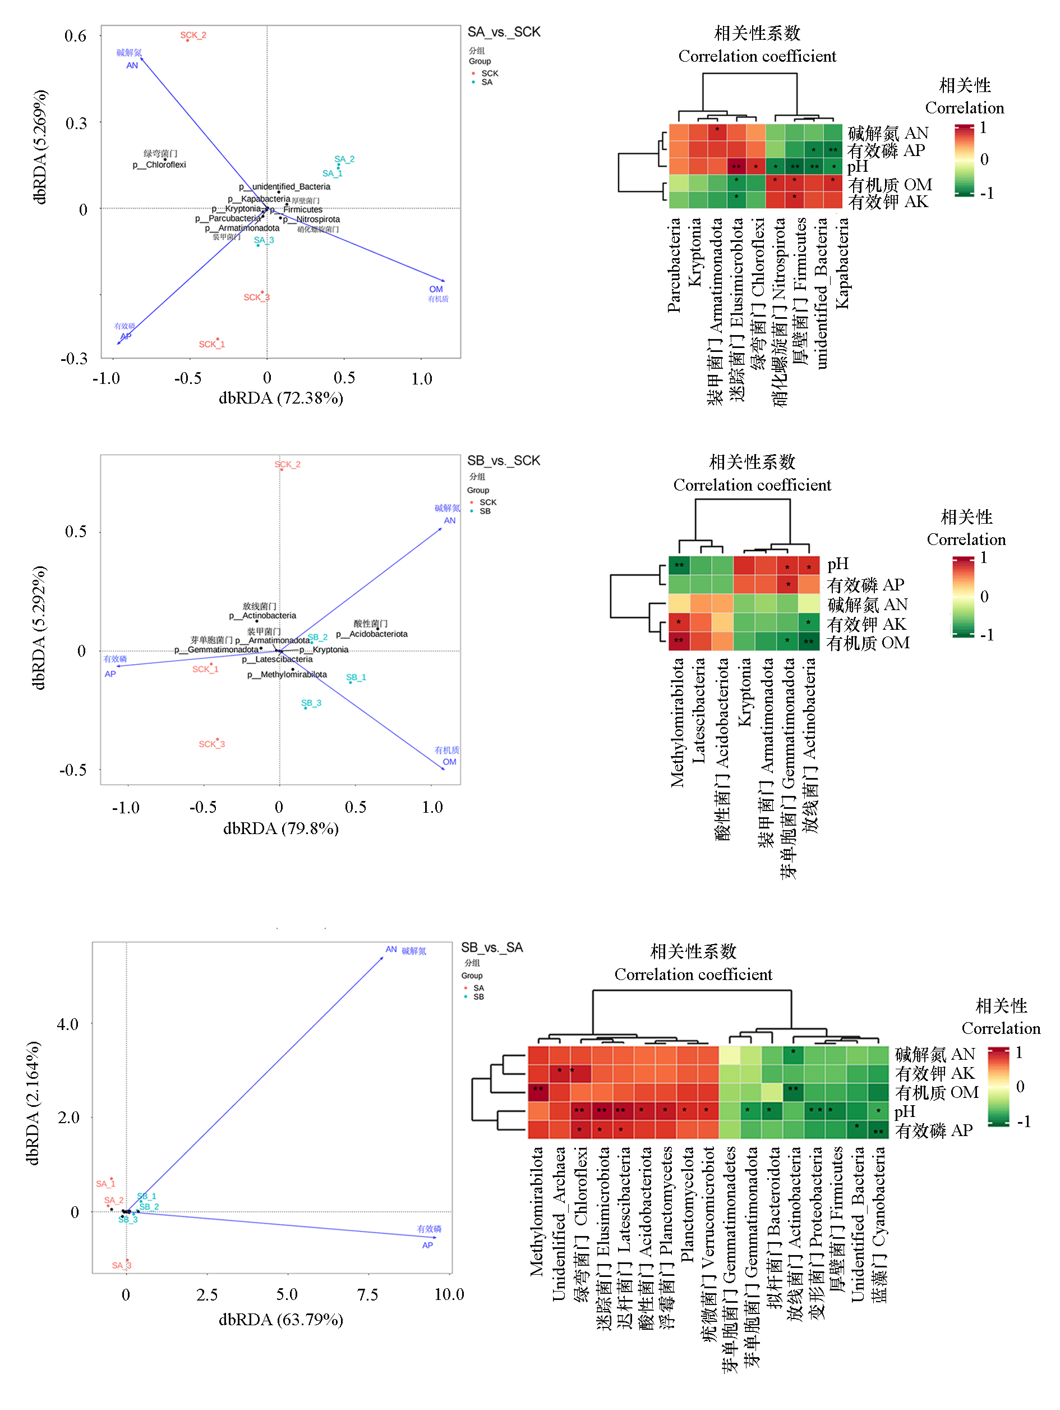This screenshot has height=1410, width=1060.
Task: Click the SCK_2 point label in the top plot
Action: [x=193, y=35]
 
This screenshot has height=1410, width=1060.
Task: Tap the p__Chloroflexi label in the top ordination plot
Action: [x=159, y=164]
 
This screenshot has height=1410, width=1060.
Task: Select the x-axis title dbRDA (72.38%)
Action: [x=281, y=399]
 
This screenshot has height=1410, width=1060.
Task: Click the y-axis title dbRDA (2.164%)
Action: [x=33, y=1104]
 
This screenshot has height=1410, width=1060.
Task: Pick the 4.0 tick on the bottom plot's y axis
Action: [x=67, y=1024]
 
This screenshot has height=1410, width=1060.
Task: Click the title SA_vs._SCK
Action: [x=504, y=32]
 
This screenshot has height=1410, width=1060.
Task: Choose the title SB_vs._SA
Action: [x=492, y=948]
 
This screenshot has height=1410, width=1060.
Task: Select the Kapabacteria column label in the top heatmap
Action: [x=842, y=263]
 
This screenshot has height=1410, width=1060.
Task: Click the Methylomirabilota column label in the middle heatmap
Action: [x=677, y=723]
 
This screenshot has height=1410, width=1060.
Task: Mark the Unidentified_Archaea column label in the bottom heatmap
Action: [x=559, y=1224]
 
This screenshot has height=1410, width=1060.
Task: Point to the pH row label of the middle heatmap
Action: [x=838, y=564]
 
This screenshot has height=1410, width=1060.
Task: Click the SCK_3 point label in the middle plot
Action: [x=211, y=744]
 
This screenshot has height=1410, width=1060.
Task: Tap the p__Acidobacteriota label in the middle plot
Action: [x=372, y=634]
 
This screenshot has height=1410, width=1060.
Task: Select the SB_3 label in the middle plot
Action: [x=311, y=703]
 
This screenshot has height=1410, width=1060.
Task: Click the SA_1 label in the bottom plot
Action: [x=105, y=1184]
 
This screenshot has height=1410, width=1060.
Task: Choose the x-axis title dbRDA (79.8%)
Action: [x=281, y=828]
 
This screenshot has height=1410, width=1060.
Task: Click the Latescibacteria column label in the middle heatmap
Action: [x=699, y=711]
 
